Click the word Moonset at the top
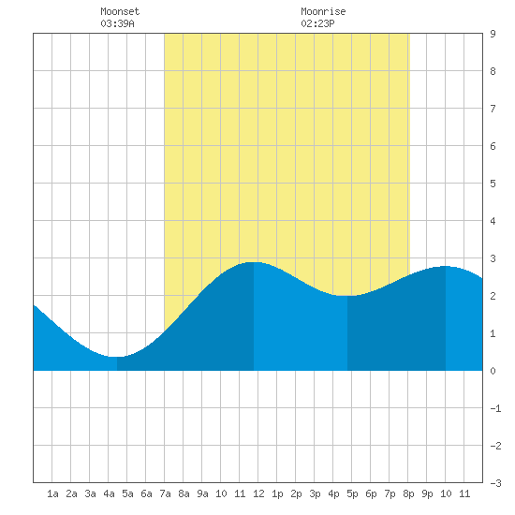(x=120, y=11)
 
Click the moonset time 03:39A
(x=117, y=23)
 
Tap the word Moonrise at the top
(x=323, y=11)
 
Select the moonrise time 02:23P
(x=317, y=23)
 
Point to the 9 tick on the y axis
(x=493, y=34)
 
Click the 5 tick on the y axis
(x=493, y=184)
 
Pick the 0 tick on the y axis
(x=493, y=371)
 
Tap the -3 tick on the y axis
(x=495, y=483)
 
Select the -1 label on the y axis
(x=495, y=408)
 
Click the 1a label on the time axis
(x=52, y=493)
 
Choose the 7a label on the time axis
(x=165, y=493)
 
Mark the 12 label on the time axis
(x=258, y=493)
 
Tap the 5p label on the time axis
(x=352, y=493)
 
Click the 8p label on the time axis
(x=408, y=493)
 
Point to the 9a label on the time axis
(x=202, y=493)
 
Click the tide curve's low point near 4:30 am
(x=117, y=357)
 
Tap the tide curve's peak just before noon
(x=254, y=262)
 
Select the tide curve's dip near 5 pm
(x=347, y=296)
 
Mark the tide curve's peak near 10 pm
(x=446, y=266)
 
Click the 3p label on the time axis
(x=315, y=493)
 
